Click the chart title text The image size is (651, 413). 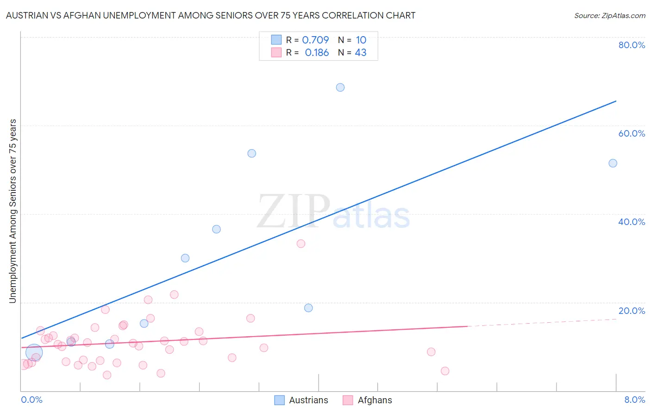[211, 15]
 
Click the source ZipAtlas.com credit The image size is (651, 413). [609, 15]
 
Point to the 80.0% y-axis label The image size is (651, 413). [632, 45]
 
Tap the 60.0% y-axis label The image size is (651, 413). [632, 133]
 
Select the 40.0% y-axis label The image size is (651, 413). [632, 222]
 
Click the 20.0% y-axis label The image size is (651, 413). [632, 311]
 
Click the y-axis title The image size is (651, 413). [13, 211]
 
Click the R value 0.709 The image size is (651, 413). [315, 40]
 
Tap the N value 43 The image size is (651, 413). [361, 53]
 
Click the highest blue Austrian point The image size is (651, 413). [340, 88]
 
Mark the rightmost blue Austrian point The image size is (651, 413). [613, 163]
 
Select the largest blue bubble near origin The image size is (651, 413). [34, 352]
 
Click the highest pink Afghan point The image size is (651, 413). [301, 244]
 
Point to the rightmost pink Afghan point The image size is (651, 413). [445, 371]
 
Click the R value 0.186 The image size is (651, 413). [317, 53]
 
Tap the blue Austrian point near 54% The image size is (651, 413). [251, 153]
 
